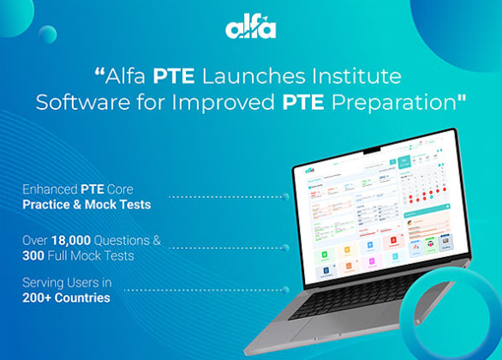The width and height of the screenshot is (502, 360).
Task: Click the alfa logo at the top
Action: click(x=250, y=28)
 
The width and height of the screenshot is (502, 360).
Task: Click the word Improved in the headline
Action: click(x=230, y=102)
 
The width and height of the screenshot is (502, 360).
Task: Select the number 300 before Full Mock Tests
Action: click(x=36, y=255)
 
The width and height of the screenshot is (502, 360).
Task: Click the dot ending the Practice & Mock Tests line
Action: click(x=285, y=196)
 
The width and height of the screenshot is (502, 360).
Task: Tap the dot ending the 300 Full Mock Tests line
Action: click(x=285, y=248)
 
